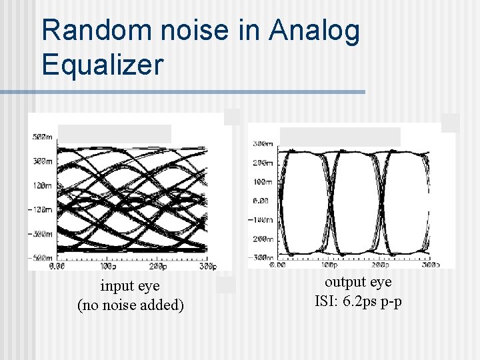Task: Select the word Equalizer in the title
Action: click(x=102, y=65)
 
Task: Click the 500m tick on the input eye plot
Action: click(x=42, y=137)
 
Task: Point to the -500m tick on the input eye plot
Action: click(x=41, y=258)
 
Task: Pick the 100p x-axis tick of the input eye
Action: click(x=109, y=267)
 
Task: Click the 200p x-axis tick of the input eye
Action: click(x=157, y=267)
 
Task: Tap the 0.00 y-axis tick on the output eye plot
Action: click(x=261, y=200)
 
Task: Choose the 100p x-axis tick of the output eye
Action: click(x=329, y=265)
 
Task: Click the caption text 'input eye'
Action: click(x=130, y=286)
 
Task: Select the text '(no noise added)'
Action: click(x=131, y=305)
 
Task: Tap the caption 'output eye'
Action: click(x=358, y=282)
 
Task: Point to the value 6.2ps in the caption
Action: click(x=359, y=301)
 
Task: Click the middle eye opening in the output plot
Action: click(x=353, y=200)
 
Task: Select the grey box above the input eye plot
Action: click(x=115, y=133)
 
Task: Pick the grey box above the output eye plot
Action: click(x=340, y=136)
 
